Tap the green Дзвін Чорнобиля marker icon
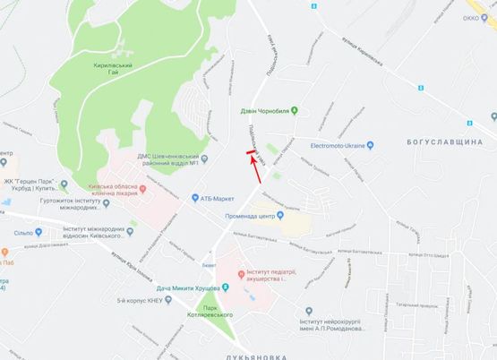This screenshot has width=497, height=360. [304, 111]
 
